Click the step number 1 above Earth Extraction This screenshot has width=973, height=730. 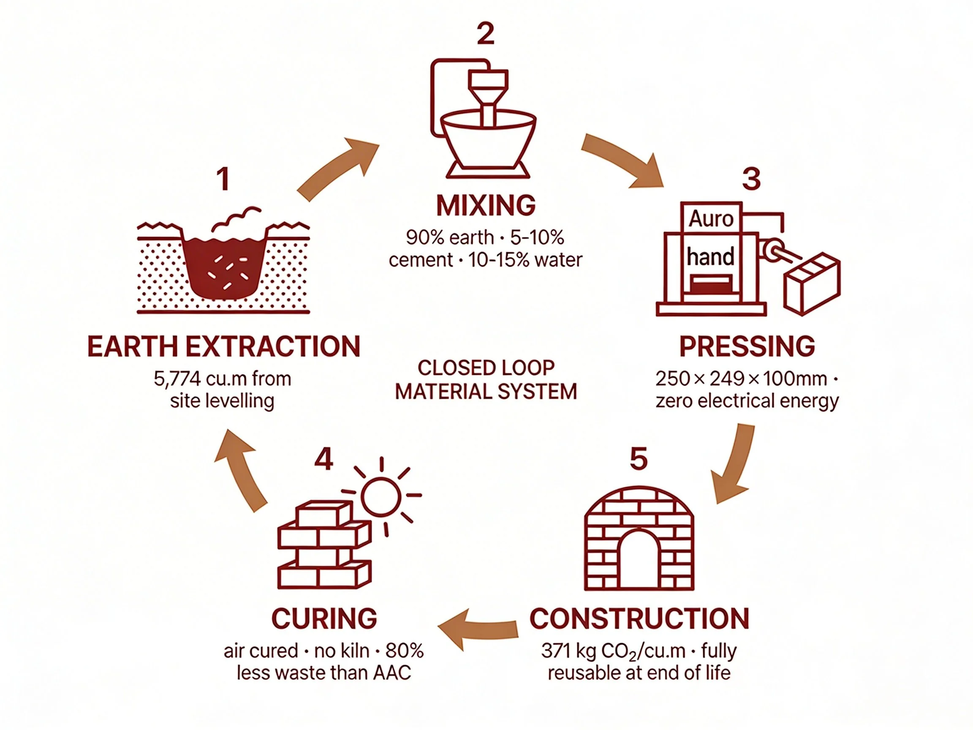(224, 179)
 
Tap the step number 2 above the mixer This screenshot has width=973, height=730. (486, 33)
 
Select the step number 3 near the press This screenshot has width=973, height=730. (751, 179)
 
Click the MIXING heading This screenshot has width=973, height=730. (486, 205)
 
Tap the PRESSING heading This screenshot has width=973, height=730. (747, 346)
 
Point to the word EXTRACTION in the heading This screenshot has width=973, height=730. (273, 346)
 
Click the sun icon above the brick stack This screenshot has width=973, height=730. (381, 496)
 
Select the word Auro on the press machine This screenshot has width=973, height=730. (711, 219)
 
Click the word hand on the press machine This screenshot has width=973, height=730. (710, 256)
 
